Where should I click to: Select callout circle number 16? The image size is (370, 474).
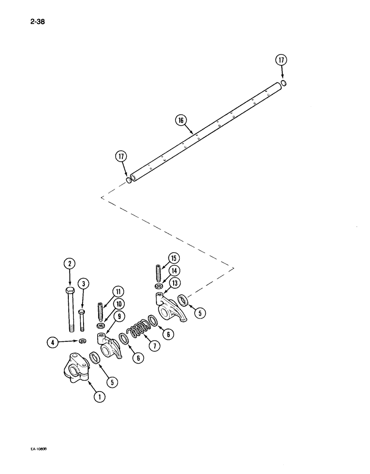[x=181, y=120]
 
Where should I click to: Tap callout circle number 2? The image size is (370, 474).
[x=69, y=264]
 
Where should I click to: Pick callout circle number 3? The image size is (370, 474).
[x=83, y=284]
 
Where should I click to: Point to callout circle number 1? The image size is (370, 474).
[x=99, y=397]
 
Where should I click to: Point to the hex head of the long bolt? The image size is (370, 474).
[x=69, y=291]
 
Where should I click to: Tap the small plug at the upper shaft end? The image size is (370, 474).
[x=283, y=83]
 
